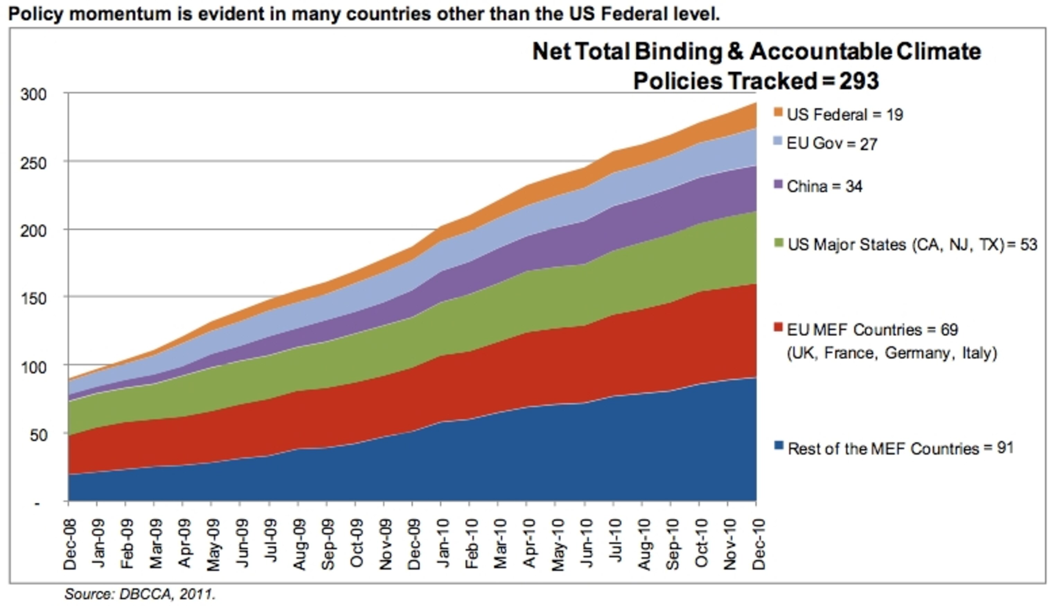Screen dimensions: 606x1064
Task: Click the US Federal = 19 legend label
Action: (844, 115)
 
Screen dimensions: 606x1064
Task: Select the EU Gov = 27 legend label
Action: (832, 144)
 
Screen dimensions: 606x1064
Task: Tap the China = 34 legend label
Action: (825, 186)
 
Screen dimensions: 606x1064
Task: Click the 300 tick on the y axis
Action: (33, 94)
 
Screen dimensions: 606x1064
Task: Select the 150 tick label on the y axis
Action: (33, 298)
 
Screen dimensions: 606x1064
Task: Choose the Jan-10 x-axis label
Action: (443, 543)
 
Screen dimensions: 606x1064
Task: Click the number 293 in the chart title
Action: (859, 80)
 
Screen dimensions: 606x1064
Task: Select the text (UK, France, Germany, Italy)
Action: (892, 353)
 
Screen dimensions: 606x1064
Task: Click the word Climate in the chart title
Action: (939, 52)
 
